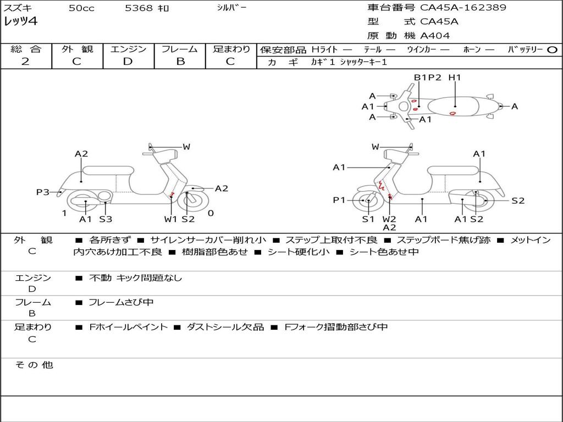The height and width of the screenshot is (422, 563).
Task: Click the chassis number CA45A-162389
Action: click(463, 8)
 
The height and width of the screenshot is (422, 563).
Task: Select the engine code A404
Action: click(435, 36)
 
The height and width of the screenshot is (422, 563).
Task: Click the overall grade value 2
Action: click(25, 62)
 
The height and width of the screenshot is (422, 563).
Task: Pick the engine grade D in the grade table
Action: click(128, 62)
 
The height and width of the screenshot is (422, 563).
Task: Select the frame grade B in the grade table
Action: click(180, 62)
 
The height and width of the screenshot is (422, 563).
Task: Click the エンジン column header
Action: click(128, 49)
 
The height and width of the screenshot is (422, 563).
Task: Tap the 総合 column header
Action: click(26, 49)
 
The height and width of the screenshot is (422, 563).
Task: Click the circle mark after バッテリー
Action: click(552, 50)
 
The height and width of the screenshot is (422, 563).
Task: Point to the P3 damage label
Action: click(43, 192)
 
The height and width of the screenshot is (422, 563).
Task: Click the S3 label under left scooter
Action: click(106, 219)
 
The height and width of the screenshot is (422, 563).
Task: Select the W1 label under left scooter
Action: click(171, 219)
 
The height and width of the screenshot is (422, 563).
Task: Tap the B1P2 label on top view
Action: click(428, 77)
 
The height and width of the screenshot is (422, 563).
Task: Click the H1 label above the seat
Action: click(455, 77)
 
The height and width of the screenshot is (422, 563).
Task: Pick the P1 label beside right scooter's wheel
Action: click(339, 201)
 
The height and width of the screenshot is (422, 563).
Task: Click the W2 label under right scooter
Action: click(389, 219)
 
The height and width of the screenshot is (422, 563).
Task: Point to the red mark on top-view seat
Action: click(452, 113)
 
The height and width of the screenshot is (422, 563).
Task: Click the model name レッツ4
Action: click(20, 22)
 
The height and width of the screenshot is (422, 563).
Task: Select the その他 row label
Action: click(34, 365)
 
